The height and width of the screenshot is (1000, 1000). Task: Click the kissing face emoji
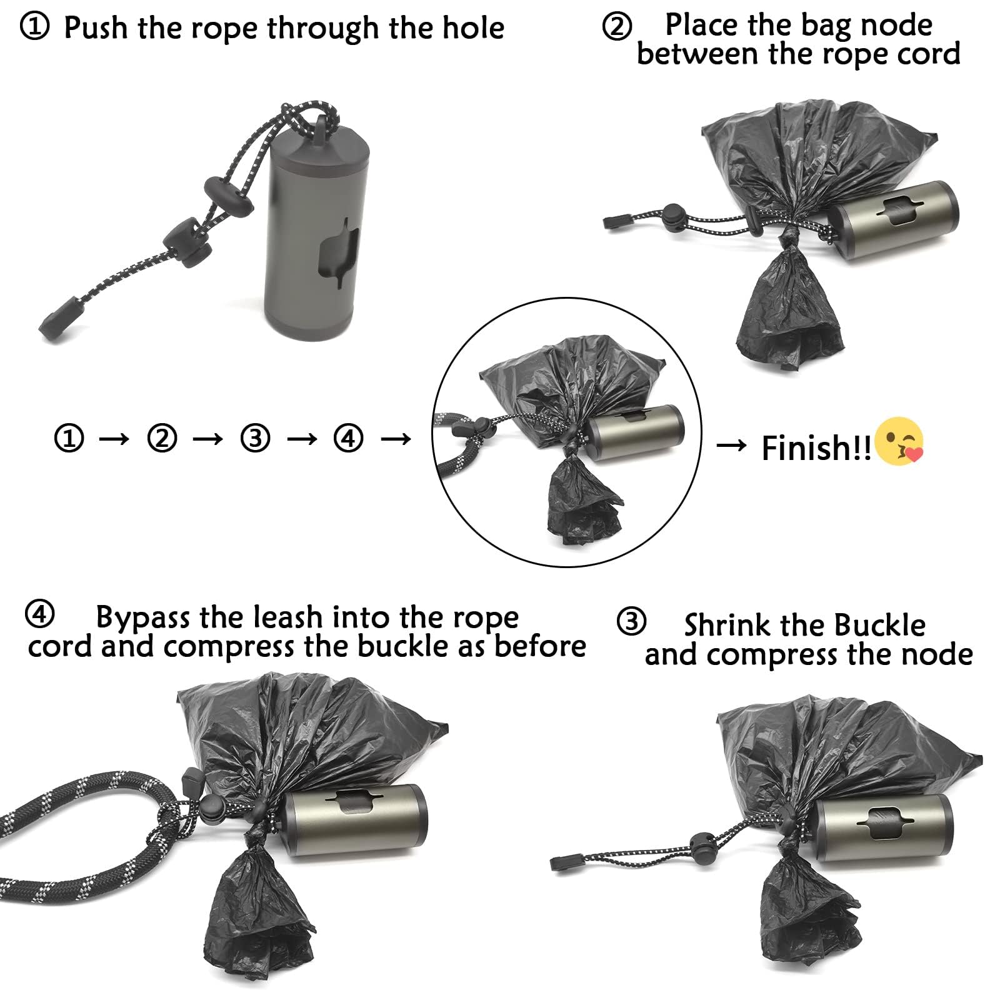click(899, 441)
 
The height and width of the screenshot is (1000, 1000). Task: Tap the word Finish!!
click(816, 447)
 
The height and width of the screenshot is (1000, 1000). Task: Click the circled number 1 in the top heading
click(34, 27)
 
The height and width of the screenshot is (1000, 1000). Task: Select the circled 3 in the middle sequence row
click(255, 437)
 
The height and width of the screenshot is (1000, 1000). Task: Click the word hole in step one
click(473, 27)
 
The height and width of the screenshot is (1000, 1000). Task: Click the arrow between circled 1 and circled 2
click(114, 439)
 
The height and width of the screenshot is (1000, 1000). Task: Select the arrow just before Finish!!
click(731, 445)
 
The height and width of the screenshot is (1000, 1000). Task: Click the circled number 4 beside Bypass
click(39, 614)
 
